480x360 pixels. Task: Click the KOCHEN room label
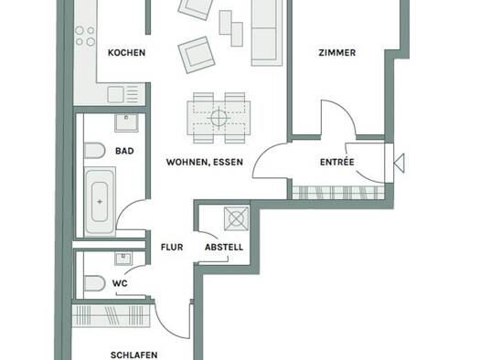click(126, 53)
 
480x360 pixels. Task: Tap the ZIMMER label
click(337, 53)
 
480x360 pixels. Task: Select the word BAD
click(124, 151)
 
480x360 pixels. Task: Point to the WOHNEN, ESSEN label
click(205, 162)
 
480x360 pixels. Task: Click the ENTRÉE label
click(337, 162)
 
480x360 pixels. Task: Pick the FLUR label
click(172, 247)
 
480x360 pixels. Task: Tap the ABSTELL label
click(224, 247)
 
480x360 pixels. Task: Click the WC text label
click(120, 283)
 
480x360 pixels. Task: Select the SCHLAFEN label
click(133, 355)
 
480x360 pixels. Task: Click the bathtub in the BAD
click(100, 201)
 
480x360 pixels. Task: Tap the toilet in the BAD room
click(94, 151)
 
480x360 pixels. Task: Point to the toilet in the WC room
click(94, 283)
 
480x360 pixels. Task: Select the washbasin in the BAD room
click(126, 123)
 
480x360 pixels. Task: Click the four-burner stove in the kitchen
click(85, 36)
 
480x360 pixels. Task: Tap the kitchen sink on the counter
click(116, 94)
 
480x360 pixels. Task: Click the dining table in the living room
click(219, 118)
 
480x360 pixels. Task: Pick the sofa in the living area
click(267, 33)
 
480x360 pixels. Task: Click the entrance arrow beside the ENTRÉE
click(399, 163)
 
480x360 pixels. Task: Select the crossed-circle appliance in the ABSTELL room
click(236, 218)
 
